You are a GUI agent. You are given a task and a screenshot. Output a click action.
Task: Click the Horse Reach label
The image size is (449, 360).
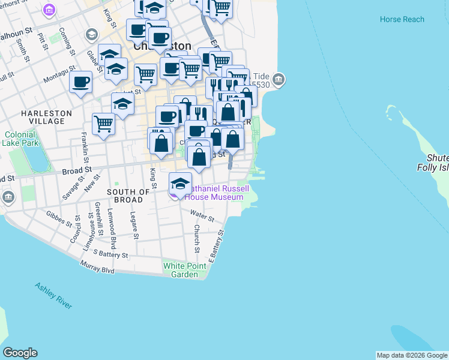pyautogui.click(x=402, y=19)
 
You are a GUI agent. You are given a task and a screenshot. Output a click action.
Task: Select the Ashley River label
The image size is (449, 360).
pyautogui.click(x=53, y=296)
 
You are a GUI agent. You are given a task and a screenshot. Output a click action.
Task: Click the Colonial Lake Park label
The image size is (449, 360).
pyautogui.click(x=21, y=139)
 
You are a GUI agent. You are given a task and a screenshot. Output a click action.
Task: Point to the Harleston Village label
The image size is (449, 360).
pyautogui.click(x=46, y=117)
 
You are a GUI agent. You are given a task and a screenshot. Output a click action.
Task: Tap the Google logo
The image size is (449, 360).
pyautogui.click(x=20, y=353)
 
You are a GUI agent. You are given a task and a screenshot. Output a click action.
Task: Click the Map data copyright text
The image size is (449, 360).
pyautogui.click(x=412, y=355)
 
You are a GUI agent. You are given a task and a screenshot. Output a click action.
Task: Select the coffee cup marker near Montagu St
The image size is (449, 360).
pyautogui.click(x=80, y=83)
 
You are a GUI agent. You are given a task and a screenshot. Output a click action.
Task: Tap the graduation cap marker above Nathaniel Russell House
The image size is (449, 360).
pyautogui.click(x=180, y=184)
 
